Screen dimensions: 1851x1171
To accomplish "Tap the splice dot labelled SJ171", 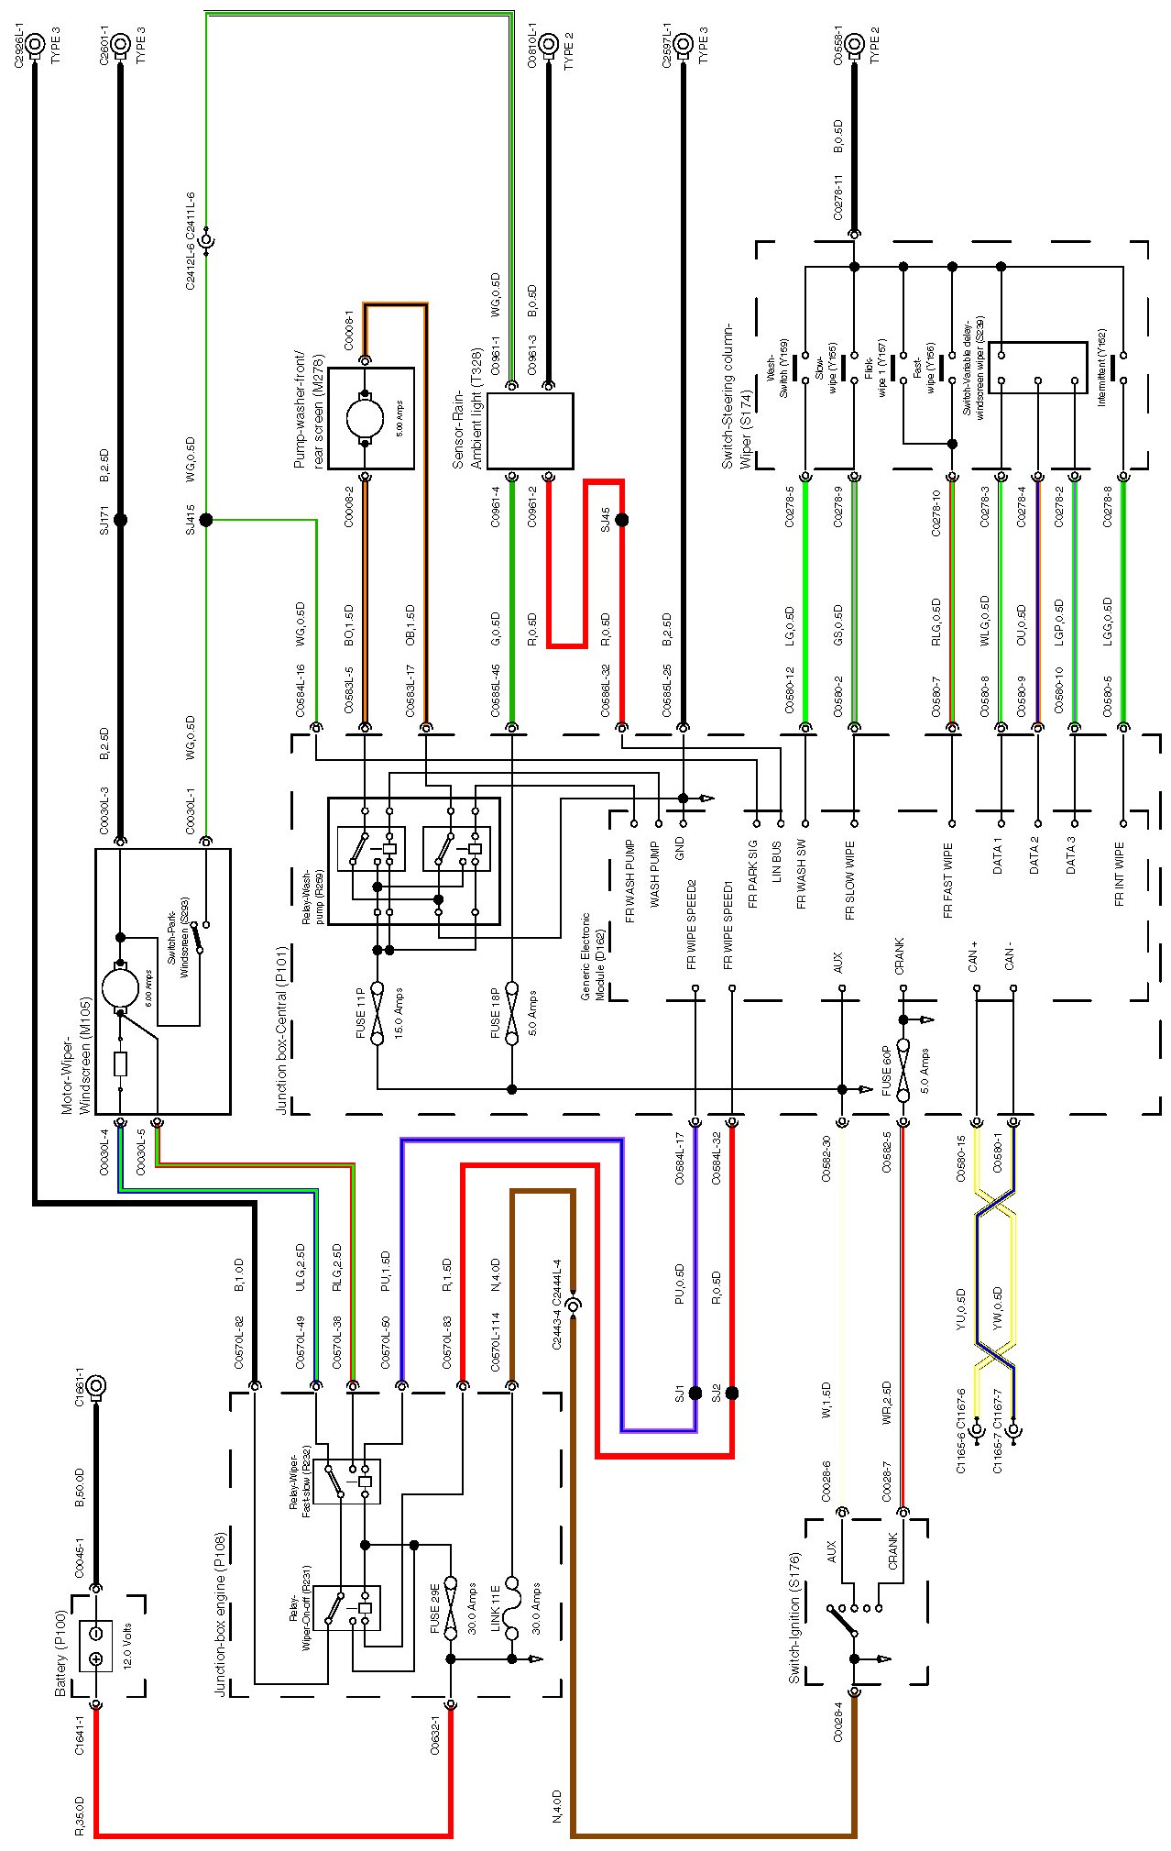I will pos(119,520).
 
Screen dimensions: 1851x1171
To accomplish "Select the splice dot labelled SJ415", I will pos(206,520).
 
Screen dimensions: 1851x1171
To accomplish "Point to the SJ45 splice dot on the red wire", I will pos(622,520).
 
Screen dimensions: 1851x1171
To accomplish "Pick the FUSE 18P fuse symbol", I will pos(511,1017).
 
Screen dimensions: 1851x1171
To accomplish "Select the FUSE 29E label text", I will pos(435,1610).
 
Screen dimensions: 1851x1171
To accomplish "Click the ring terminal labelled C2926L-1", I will pos(35,43).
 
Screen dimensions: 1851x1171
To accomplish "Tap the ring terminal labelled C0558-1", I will pos(854,43).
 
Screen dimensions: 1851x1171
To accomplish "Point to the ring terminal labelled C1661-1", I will pos(95,1386).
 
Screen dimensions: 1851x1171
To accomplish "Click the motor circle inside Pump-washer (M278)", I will pos(365,418).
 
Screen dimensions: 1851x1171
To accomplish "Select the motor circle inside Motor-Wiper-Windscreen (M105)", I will pos(119,986).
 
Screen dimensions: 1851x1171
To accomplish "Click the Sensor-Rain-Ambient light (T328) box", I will pos(530,431).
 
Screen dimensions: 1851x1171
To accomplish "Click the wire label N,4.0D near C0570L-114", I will pos(495,1273).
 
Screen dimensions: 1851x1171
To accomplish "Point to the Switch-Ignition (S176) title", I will pos(794,1617).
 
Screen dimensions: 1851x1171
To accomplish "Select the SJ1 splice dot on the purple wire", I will pos(695,1394).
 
